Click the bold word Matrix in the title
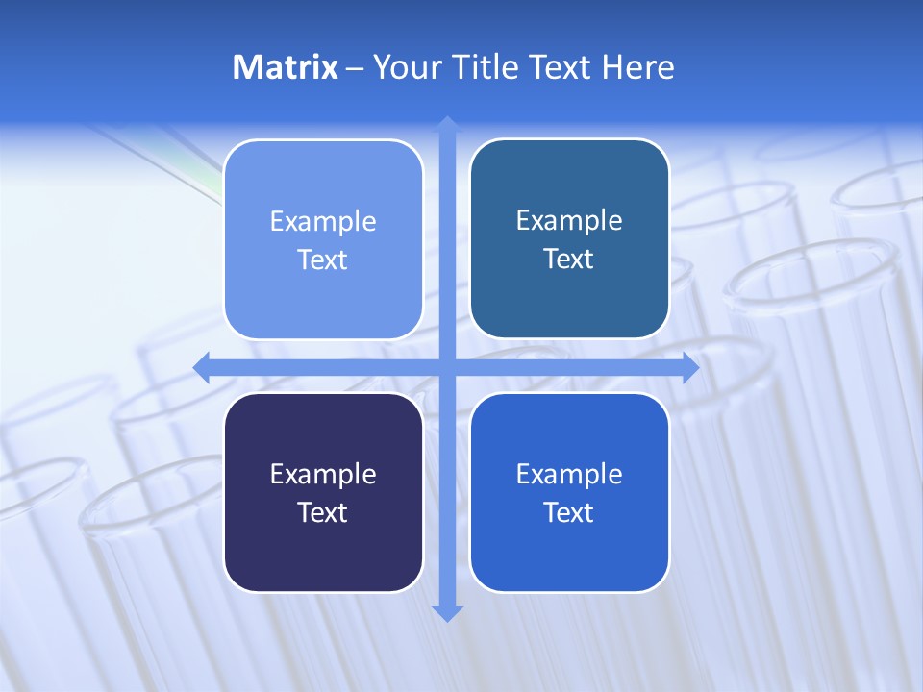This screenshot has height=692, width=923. [286, 67]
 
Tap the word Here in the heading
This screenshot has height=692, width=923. [637, 67]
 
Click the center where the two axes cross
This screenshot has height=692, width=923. [447, 367]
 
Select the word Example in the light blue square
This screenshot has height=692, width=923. [323, 222]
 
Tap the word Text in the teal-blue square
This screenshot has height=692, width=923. [569, 259]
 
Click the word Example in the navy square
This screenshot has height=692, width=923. [323, 474]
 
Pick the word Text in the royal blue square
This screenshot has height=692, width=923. [569, 512]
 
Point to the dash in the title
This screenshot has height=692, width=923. [355, 67]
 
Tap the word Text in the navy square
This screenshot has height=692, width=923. [323, 512]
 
